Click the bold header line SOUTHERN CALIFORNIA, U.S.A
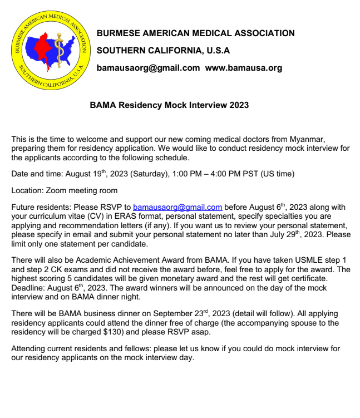(x=164, y=51)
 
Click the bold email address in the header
(x=148, y=68)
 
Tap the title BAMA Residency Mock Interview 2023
(x=169, y=105)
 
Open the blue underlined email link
(x=177, y=207)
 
